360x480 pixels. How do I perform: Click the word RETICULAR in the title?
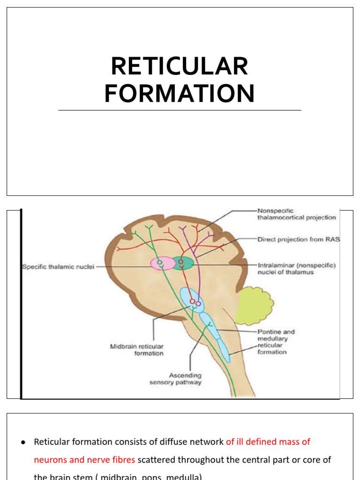(180, 66)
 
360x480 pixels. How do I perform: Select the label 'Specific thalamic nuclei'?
(58, 267)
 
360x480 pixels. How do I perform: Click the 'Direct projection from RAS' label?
(299, 240)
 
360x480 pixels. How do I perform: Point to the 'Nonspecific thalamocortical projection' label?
(296, 214)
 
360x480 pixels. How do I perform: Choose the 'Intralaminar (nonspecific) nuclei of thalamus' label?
(296, 269)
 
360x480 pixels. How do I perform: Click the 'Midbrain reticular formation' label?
(137, 350)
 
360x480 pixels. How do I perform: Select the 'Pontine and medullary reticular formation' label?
(276, 342)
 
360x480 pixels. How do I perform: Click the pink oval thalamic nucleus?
(161, 263)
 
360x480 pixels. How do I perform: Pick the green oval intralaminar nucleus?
(182, 263)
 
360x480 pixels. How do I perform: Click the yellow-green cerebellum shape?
(253, 306)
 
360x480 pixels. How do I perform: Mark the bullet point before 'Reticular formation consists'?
(23, 442)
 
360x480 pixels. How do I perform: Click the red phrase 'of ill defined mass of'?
(268, 442)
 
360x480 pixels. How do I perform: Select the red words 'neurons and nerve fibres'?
(84, 460)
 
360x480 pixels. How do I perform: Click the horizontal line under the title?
(180, 111)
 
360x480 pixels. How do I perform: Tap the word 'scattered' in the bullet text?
(157, 460)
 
